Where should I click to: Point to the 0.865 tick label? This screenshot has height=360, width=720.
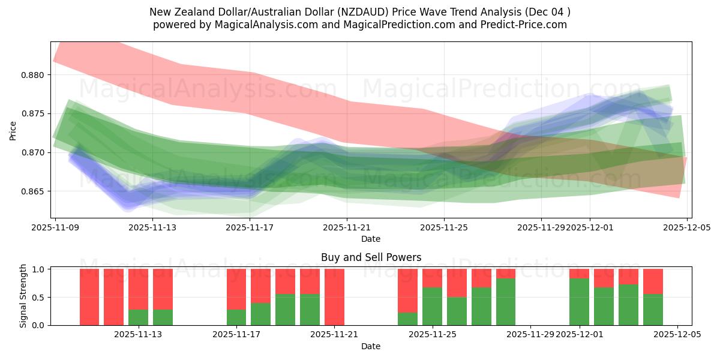click(34, 191)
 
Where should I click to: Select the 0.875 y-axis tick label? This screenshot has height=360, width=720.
click(34, 114)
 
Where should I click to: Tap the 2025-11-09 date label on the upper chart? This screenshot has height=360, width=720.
click(55, 228)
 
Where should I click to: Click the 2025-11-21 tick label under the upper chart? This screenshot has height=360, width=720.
click(347, 228)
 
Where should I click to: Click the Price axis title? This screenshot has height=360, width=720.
click(13, 130)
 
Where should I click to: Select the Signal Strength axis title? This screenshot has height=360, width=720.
click(23, 296)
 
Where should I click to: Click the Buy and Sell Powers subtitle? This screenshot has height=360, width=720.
click(371, 257)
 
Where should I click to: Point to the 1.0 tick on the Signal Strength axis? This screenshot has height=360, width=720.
click(38, 269)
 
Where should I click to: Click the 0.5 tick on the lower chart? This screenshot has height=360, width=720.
click(38, 298)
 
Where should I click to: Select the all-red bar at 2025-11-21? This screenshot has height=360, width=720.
click(334, 297)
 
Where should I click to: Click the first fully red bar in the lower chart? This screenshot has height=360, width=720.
click(89, 297)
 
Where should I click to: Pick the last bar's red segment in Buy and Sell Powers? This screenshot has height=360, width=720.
click(653, 281)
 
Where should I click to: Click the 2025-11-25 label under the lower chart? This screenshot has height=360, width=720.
click(432, 335)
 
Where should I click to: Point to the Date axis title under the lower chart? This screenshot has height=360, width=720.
click(370, 346)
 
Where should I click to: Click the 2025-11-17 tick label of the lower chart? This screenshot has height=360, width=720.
click(236, 335)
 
